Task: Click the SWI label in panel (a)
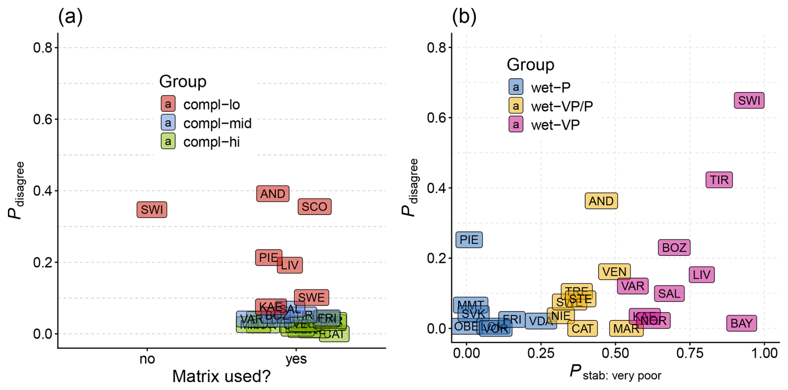pyautogui.click(x=152, y=210)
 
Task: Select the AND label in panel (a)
pyautogui.click(x=273, y=194)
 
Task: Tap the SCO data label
pyautogui.click(x=314, y=207)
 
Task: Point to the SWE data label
pyautogui.click(x=312, y=297)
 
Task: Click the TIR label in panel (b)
pyautogui.click(x=719, y=180)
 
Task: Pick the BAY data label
pyautogui.click(x=741, y=323)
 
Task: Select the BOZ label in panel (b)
pyautogui.click(x=674, y=247)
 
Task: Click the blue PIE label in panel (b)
pyautogui.click(x=469, y=240)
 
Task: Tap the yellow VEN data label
pyautogui.click(x=614, y=272)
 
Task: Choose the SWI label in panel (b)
pyautogui.click(x=749, y=100)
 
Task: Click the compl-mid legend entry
pyautogui.click(x=217, y=123)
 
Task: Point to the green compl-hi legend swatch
pyautogui.click(x=168, y=142)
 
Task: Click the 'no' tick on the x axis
pyautogui.click(x=147, y=359)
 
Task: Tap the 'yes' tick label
pyautogui.click(x=296, y=359)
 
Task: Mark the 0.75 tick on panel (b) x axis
pyautogui.click(x=690, y=353)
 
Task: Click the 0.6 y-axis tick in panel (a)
pyautogui.click(x=43, y=120)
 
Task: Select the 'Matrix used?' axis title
pyautogui.click(x=221, y=376)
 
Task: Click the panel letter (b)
pyautogui.click(x=464, y=17)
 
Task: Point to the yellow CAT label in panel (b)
pyautogui.click(x=582, y=328)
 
